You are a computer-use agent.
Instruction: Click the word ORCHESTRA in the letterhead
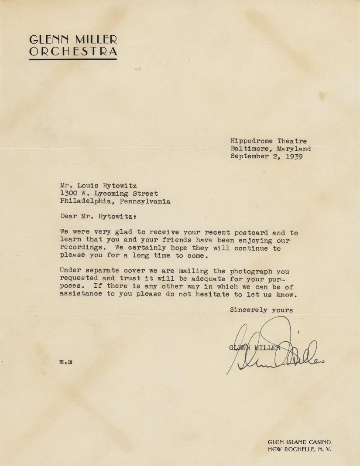(73, 52)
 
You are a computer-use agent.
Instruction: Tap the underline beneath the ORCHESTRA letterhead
(73, 59)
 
